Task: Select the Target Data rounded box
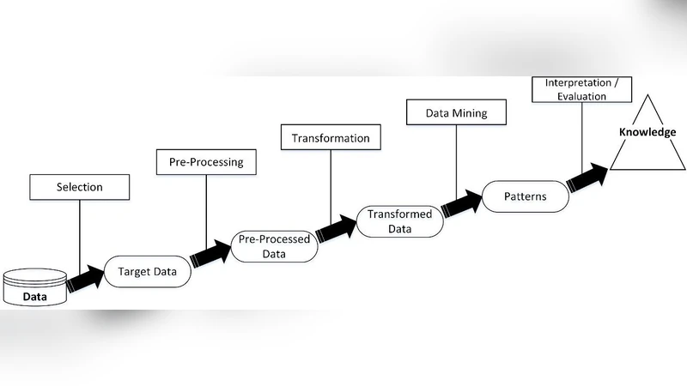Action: click(147, 274)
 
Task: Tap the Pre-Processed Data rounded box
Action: click(274, 247)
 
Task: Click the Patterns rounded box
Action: click(525, 196)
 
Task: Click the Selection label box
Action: click(79, 186)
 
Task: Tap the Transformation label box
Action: click(331, 138)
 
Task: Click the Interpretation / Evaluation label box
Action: click(581, 89)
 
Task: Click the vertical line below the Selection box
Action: click(79, 232)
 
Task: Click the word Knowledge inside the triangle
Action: click(649, 133)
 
